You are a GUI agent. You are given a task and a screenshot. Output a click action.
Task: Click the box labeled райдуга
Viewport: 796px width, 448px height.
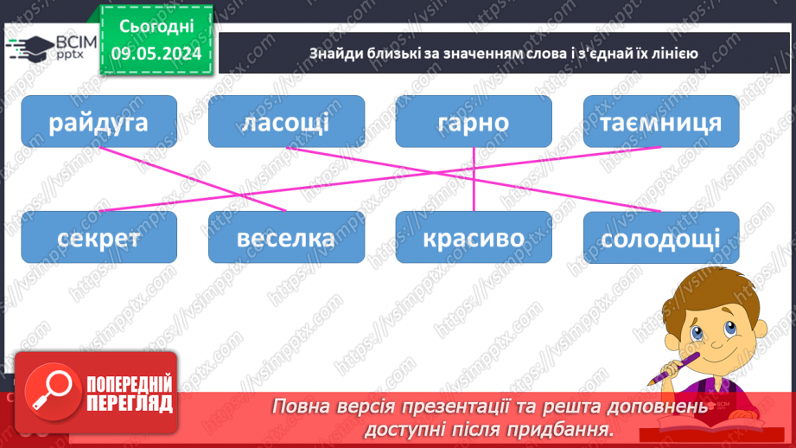[x=99, y=121]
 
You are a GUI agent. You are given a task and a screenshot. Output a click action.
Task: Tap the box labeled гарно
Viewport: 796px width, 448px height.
[x=474, y=121]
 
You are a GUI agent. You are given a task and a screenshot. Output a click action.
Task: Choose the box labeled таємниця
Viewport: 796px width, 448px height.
[x=661, y=121]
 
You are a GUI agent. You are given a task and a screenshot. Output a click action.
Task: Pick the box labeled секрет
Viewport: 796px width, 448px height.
[x=99, y=237]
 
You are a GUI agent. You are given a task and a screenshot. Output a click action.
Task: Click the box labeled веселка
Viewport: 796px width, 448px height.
[x=286, y=237]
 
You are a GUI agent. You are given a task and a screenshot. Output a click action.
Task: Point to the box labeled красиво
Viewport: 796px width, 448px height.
[x=474, y=237]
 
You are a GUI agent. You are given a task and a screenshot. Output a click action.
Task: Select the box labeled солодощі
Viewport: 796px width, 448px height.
[x=661, y=237]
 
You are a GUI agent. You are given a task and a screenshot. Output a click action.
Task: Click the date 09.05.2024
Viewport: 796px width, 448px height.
[x=156, y=53]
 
